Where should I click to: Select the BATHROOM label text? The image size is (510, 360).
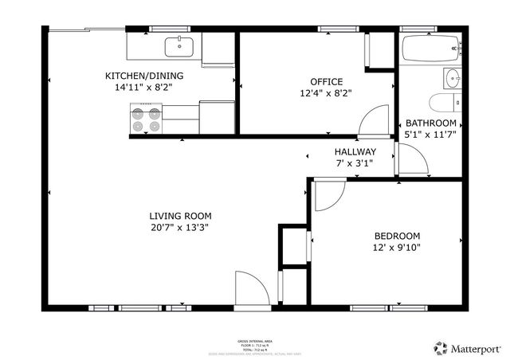(x=430, y=123)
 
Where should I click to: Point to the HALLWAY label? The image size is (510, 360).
(x=354, y=151)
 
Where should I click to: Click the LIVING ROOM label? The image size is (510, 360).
(x=179, y=216)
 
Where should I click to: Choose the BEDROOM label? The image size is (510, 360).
(x=397, y=236)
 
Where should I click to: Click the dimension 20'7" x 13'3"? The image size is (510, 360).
(x=179, y=227)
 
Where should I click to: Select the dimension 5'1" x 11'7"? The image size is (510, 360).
(x=430, y=135)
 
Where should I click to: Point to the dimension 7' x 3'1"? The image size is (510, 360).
(x=354, y=162)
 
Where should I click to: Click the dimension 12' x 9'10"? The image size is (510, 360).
(x=397, y=248)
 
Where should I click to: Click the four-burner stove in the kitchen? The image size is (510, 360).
(x=145, y=119)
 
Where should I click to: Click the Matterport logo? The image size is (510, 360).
(x=468, y=347)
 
